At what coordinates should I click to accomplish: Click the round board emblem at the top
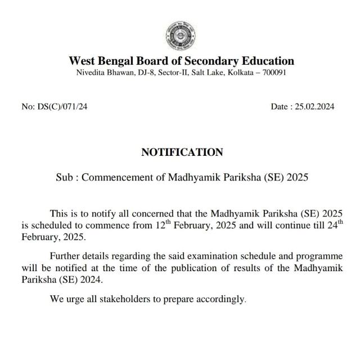coord(181,35)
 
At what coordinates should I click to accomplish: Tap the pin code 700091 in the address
coord(274,73)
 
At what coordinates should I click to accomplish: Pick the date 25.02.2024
coord(314,106)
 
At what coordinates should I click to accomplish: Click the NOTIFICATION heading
coord(182,152)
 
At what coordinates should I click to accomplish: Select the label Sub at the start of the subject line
coord(64,177)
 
